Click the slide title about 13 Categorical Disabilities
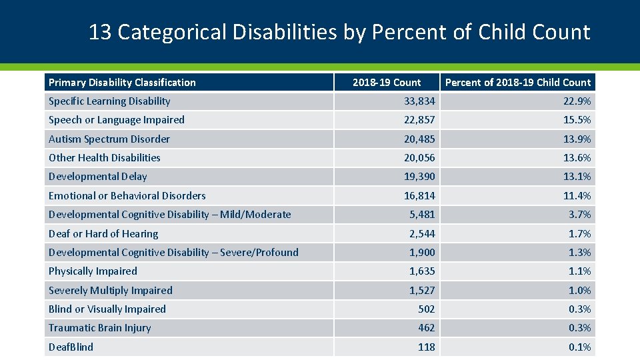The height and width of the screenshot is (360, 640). pyautogui.click(x=339, y=32)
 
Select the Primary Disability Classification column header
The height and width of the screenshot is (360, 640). pyautogui.click(x=122, y=83)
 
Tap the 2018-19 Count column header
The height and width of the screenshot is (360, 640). pyautogui.click(x=387, y=83)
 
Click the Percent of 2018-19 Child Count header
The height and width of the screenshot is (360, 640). pyautogui.click(x=518, y=83)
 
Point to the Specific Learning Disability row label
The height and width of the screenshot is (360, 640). pyautogui.click(x=109, y=101)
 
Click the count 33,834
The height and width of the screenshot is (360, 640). pyautogui.click(x=419, y=101)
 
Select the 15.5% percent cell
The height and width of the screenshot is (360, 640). pyautogui.click(x=577, y=120)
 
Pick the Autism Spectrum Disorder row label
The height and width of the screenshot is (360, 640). pyautogui.click(x=109, y=139)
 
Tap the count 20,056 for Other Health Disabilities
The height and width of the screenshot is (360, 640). pyautogui.click(x=419, y=158)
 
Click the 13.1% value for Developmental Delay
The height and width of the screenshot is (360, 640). pyautogui.click(x=577, y=177)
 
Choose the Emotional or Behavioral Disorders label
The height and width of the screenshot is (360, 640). pyautogui.click(x=127, y=196)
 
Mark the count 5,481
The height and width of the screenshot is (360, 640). pyautogui.click(x=422, y=215)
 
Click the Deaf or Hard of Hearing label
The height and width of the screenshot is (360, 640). pyautogui.click(x=103, y=234)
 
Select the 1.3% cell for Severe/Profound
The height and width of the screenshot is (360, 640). pyautogui.click(x=579, y=253)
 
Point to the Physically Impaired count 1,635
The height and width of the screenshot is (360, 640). pyautogui.click(x=422, y=271)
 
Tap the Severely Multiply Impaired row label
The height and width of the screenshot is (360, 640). pyautogui.click(x=111, y=291)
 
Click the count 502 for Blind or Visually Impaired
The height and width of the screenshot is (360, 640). pyautogui.click(x=426, y=309)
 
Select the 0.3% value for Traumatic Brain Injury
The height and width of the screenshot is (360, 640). pyautogui.click(x=579, y=328)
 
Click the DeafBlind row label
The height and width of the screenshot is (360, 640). pyautogui.click(x=71, y=347)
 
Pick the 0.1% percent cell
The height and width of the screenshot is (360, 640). pyautogui.click(x=579, y=347)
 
